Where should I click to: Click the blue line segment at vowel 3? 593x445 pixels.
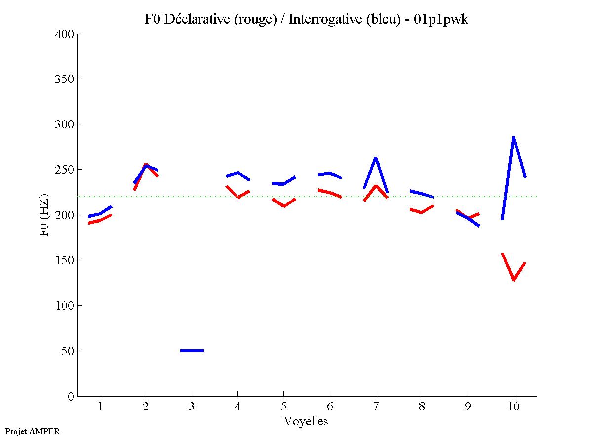pyautogui.click(x=192, y=351)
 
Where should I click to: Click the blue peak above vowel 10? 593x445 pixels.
pyautogui.click(x=514, y=137)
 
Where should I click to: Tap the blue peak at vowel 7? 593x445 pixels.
pyautogui.click(x=376, y=159)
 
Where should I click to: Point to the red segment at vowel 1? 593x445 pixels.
pyautogui.click(x=100, y=220)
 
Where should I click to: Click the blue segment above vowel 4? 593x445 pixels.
pyautogui.click(x=238, y=173)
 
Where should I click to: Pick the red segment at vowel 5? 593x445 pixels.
pyautogui.click(x=283, y=205)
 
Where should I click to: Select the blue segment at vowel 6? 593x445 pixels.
pyautogui.click(x=329, y=174)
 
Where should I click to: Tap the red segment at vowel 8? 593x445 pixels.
pyautogui.click(x=421, y=212)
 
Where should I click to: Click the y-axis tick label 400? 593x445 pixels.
pyautogui.click(x=65, y=34)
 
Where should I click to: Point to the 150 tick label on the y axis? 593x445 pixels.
pyautogui.click(x=65, y=260)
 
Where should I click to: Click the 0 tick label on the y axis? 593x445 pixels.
pyautogui.click(x=71, y=396)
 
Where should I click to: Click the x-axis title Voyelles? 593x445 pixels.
pyautogui.click(x=306, y=422)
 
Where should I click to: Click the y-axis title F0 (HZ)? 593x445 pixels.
pyautogui.click(x=44, y=215)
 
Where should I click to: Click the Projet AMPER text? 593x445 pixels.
pyautogui.click(x=32, y=431)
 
